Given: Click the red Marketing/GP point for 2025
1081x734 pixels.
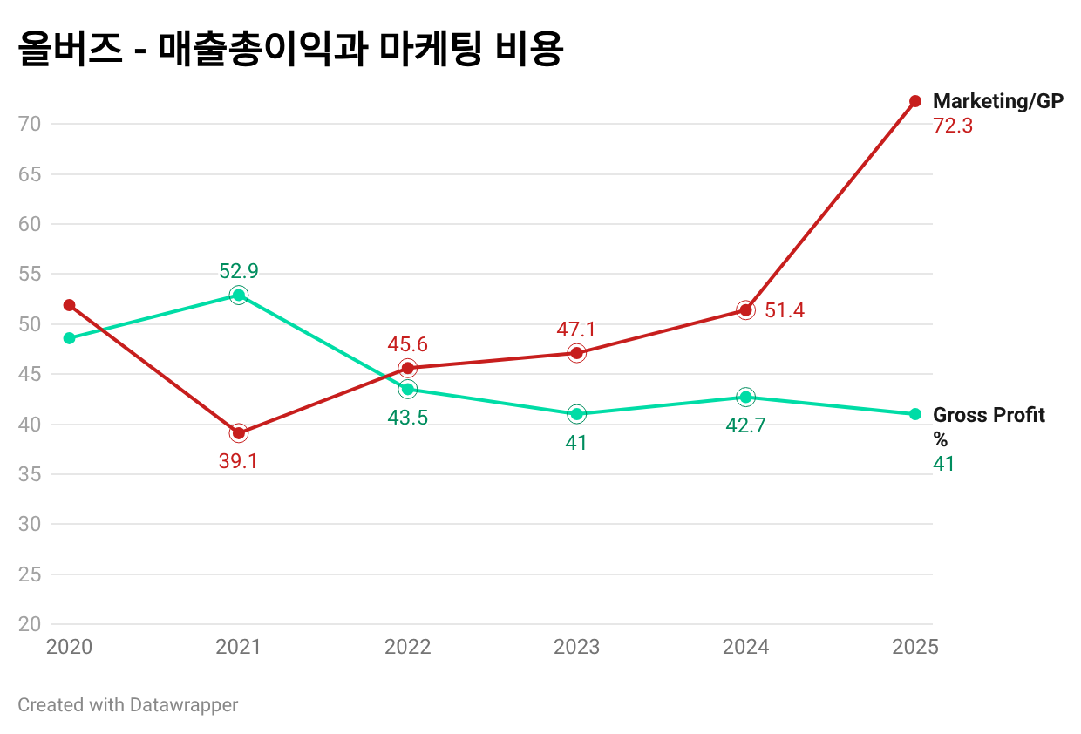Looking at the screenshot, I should (x=914, y=101).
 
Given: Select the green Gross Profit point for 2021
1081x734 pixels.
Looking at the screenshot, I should (x=238, y=296).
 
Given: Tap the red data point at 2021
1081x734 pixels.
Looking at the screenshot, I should (x=238, y=433).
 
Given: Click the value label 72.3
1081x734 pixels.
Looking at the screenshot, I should (x=952, y=126).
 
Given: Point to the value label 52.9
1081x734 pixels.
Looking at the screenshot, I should (x=238, y=271).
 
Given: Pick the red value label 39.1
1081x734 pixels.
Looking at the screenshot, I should (x=238, y=461).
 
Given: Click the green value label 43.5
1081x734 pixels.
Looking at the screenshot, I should (x=407, y=418).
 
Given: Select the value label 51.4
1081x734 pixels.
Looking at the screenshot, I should (x=784, y=310).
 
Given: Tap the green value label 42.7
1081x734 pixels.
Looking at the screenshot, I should (x=745, y=425).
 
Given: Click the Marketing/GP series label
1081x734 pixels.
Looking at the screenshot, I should (x=998, y=101).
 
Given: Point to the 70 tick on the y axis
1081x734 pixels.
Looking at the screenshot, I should (x=30, y=124).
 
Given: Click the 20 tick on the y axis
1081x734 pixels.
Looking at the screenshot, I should (x=30, y=624).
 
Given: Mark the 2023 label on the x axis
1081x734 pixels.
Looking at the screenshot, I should (x=576, y=647).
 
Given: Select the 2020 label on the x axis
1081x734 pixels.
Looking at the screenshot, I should (x=69, y=647).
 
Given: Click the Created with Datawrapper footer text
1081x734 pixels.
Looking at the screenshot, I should (x=127, y=704).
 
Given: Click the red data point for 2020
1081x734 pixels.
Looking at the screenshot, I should (x=69, y=305).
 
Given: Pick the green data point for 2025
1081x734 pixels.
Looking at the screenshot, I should (x=914, y=414).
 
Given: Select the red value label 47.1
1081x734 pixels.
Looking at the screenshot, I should (x=576, y=330).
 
